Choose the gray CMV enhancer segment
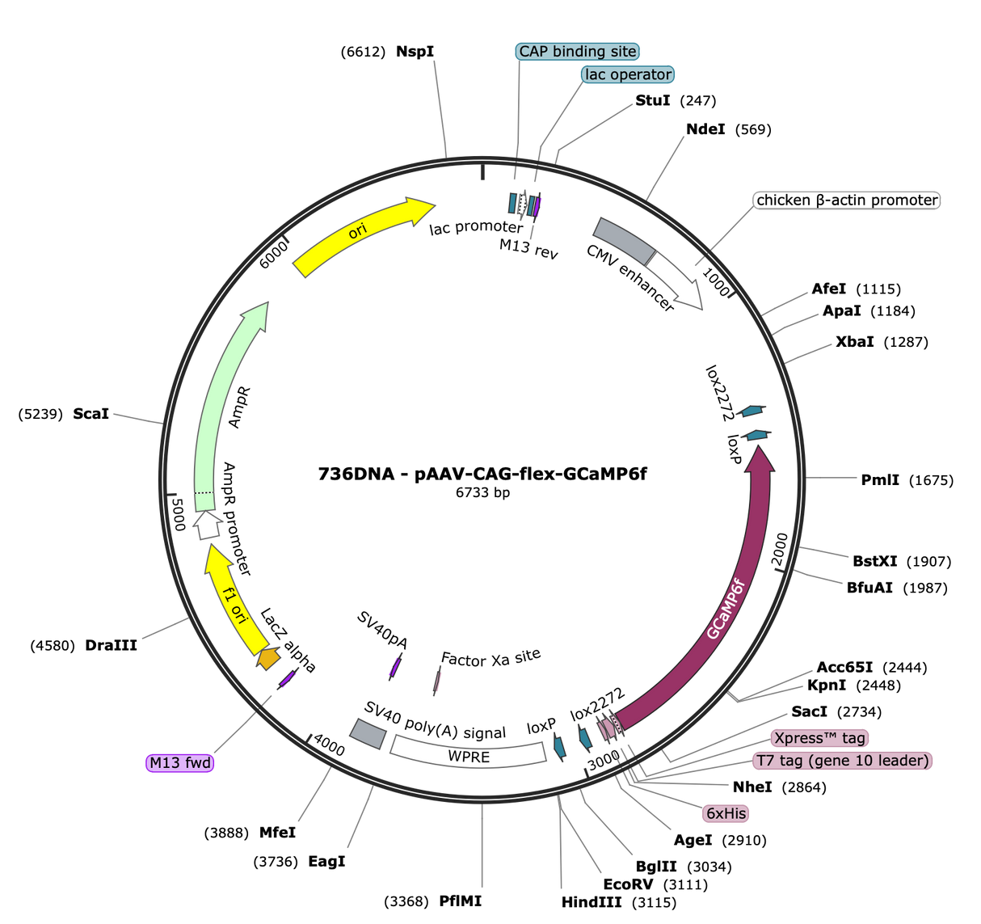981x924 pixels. coord(625,241)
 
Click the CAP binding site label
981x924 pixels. coord(577,52)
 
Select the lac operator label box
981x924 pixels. coord(628,74)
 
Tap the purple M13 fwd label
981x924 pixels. coord(180,763)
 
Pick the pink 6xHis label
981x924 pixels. coord(726,813)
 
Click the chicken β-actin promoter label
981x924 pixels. coord(847,200)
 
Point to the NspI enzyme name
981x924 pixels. coord(415,52)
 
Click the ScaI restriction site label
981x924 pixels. coord(91,414)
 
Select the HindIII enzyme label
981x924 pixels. coord(592,902)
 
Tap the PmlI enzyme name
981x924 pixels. coord(880,480)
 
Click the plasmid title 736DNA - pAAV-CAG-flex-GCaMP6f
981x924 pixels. coord(482,474)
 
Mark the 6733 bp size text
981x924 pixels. coord(482,492)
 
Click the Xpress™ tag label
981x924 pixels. coord(819,738)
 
